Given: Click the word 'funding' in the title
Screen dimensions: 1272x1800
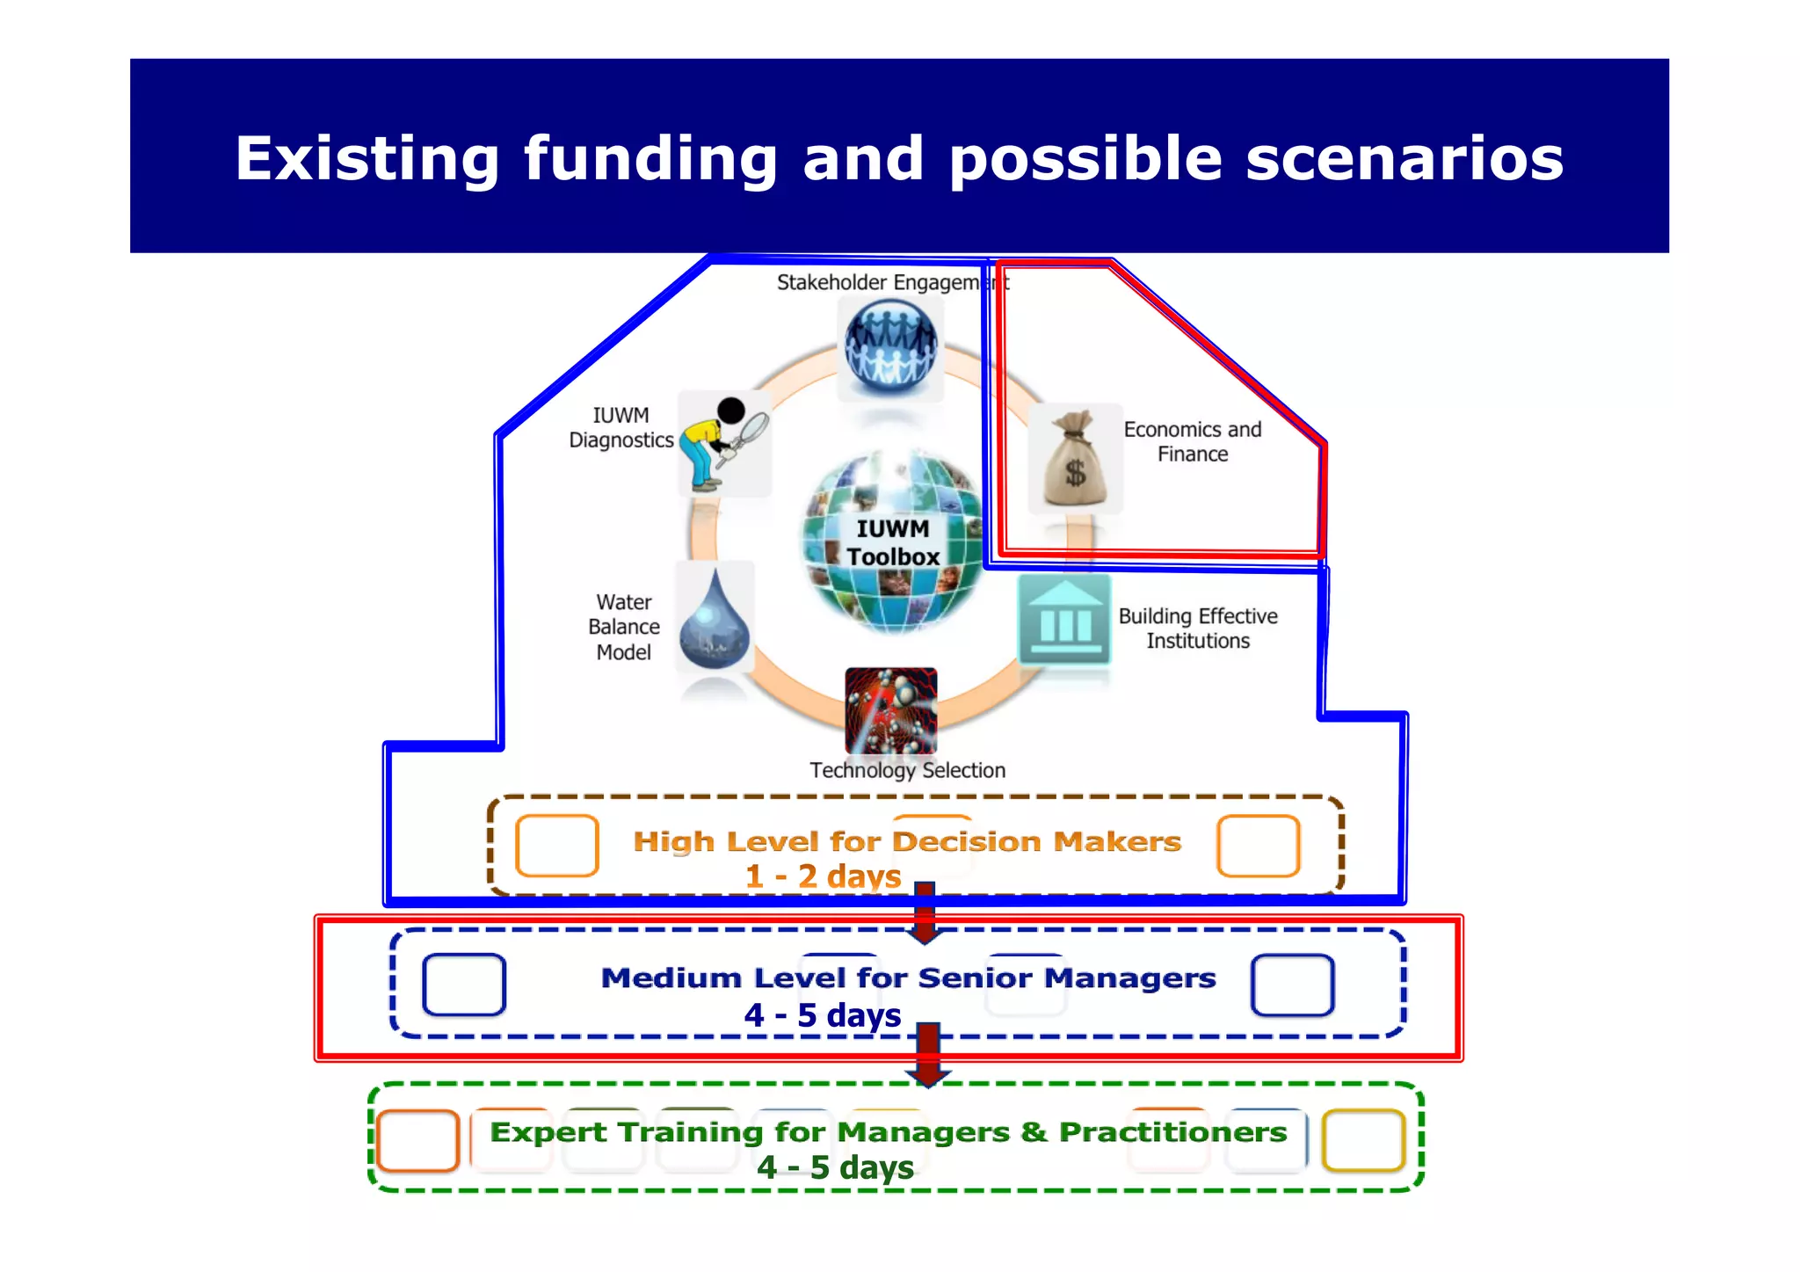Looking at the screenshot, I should pos(650,160).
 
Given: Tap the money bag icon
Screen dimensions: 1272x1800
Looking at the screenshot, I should pos(1075,459).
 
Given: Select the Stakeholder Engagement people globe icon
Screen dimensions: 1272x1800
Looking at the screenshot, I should pos(890,345).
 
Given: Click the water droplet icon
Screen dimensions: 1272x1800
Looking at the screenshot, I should pos(715,620).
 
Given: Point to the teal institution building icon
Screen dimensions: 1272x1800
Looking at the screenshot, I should pos(1064,621).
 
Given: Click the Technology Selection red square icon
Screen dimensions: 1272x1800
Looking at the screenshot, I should pos(890,710).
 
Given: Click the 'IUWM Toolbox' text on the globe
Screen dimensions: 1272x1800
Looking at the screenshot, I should pos(893,542).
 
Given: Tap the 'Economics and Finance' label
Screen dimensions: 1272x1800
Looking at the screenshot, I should pos(1192,441).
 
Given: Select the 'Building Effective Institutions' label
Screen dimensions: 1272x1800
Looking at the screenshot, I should pos(1197,628).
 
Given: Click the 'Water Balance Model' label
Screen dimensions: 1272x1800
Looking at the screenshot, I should pos(624,627).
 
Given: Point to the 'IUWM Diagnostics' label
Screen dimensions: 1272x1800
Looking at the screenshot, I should pos(621,427).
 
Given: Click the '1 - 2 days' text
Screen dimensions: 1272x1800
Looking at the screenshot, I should pos(823,876).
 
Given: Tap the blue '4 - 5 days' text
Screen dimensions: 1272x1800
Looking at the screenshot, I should pos(822,1015).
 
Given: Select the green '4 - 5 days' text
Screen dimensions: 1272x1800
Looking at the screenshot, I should pos(835,1167).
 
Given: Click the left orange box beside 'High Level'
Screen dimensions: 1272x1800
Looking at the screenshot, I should pos(557,846).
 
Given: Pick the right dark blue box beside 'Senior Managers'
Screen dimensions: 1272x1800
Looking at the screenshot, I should pos(1292,985).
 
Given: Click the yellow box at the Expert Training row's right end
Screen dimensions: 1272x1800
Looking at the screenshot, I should pos(1362,1140).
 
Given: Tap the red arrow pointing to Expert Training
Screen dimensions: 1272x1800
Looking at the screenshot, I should pos(928,1055).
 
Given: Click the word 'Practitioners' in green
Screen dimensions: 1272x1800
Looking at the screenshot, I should pos(1172,1132).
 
